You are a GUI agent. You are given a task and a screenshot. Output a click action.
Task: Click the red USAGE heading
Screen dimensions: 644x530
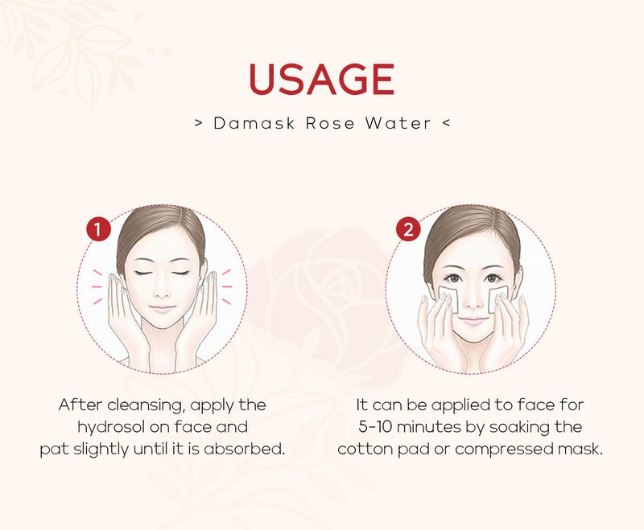[321, 79]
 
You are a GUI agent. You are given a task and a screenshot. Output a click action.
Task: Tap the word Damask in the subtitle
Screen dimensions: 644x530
[254, 123]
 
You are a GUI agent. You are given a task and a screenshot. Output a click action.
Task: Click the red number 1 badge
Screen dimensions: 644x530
[98, 229]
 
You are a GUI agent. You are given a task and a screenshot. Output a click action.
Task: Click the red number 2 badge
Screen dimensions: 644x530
[408, 229]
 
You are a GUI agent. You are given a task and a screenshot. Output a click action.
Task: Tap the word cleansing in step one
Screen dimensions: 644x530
[145, 405]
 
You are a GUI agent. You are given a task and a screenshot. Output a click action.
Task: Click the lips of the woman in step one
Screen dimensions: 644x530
[162, 309]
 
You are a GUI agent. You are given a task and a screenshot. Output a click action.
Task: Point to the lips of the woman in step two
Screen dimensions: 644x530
[473, 320]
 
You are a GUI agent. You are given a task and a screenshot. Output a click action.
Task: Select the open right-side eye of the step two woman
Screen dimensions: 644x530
[493, 277]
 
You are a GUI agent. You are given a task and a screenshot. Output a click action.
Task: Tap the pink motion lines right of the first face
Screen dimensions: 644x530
[226, 287]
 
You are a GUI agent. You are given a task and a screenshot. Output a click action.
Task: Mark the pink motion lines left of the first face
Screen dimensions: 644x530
[97, 287]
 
